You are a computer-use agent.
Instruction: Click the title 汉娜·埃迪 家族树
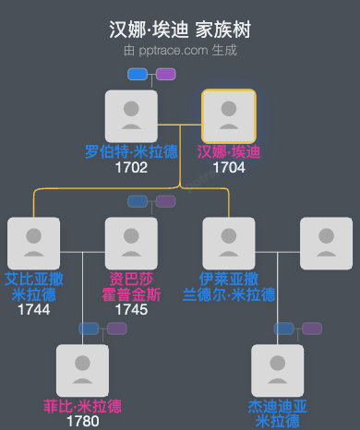(x=179, y=30)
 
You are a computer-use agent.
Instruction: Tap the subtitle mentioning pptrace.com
(x=179, y=50)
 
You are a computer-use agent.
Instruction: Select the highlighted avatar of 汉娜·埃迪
(x=229, y=116)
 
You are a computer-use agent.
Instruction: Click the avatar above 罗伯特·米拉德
(x=131, y=116)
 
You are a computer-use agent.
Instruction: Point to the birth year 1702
(x=131, y=168)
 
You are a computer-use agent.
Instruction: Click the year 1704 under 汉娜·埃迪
(x=229, y=168)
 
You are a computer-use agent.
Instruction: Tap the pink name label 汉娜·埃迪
(x=229, y=152)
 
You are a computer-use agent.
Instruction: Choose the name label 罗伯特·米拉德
(x=131, y=152)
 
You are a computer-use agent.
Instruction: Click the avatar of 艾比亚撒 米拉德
(x=33, y=244)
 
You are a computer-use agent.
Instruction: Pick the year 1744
(x=33, y=309)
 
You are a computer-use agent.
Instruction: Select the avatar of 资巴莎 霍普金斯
(x=131, y=244)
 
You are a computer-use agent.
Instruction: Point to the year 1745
(x=131, y=309)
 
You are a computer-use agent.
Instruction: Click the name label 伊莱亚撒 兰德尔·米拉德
(x=229, y=287)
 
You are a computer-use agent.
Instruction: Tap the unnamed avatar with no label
(x=327, y=244)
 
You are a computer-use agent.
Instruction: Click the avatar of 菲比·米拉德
(x=82, y=371)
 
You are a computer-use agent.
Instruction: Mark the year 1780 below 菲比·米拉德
(x=82, y=422)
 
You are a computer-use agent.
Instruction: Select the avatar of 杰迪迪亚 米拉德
(x=278, y=371)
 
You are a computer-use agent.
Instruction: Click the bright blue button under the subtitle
(x=138, y=74)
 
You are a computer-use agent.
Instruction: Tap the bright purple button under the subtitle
(x=165, y=74)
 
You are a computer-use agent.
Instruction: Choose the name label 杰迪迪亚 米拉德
(x=278, y=413)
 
